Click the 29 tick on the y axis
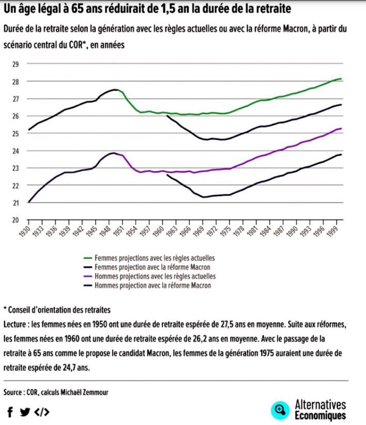(15, 64)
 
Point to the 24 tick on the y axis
(15, 151)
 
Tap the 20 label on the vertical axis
(15, 220)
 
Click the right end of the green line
(341, 79)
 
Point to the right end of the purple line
(341, 129)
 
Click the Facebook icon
(10, 412)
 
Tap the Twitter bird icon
(24, 412)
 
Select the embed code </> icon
(42, 412)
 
